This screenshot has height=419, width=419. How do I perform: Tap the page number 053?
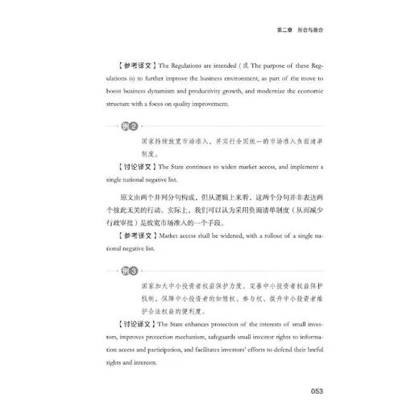coord(312,392)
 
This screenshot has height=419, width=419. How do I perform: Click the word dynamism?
coord(189,92)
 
